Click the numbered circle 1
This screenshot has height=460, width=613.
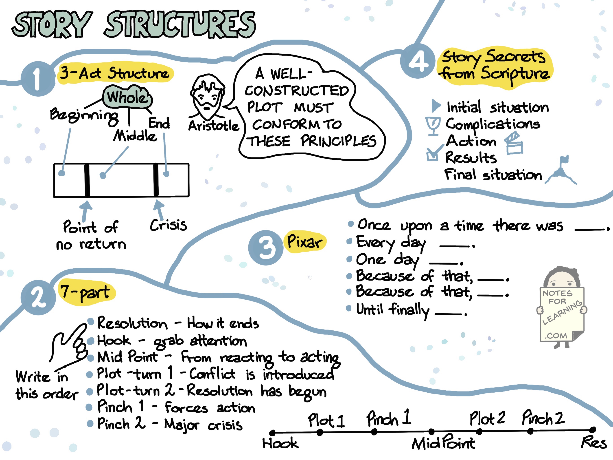(38, 79)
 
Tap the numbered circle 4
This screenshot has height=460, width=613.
(417, 61)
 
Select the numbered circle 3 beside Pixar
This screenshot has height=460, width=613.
(265, 248)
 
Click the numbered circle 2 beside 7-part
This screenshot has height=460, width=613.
(38, 297)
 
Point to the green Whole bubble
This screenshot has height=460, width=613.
(127, 97)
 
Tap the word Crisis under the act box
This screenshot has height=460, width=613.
(168, 225)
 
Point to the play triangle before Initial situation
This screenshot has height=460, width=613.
(436, 106)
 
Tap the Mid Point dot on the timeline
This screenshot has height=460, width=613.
(431, 431)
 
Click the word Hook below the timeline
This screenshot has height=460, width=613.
(280, 443)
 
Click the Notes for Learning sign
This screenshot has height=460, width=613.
(562, 314)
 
